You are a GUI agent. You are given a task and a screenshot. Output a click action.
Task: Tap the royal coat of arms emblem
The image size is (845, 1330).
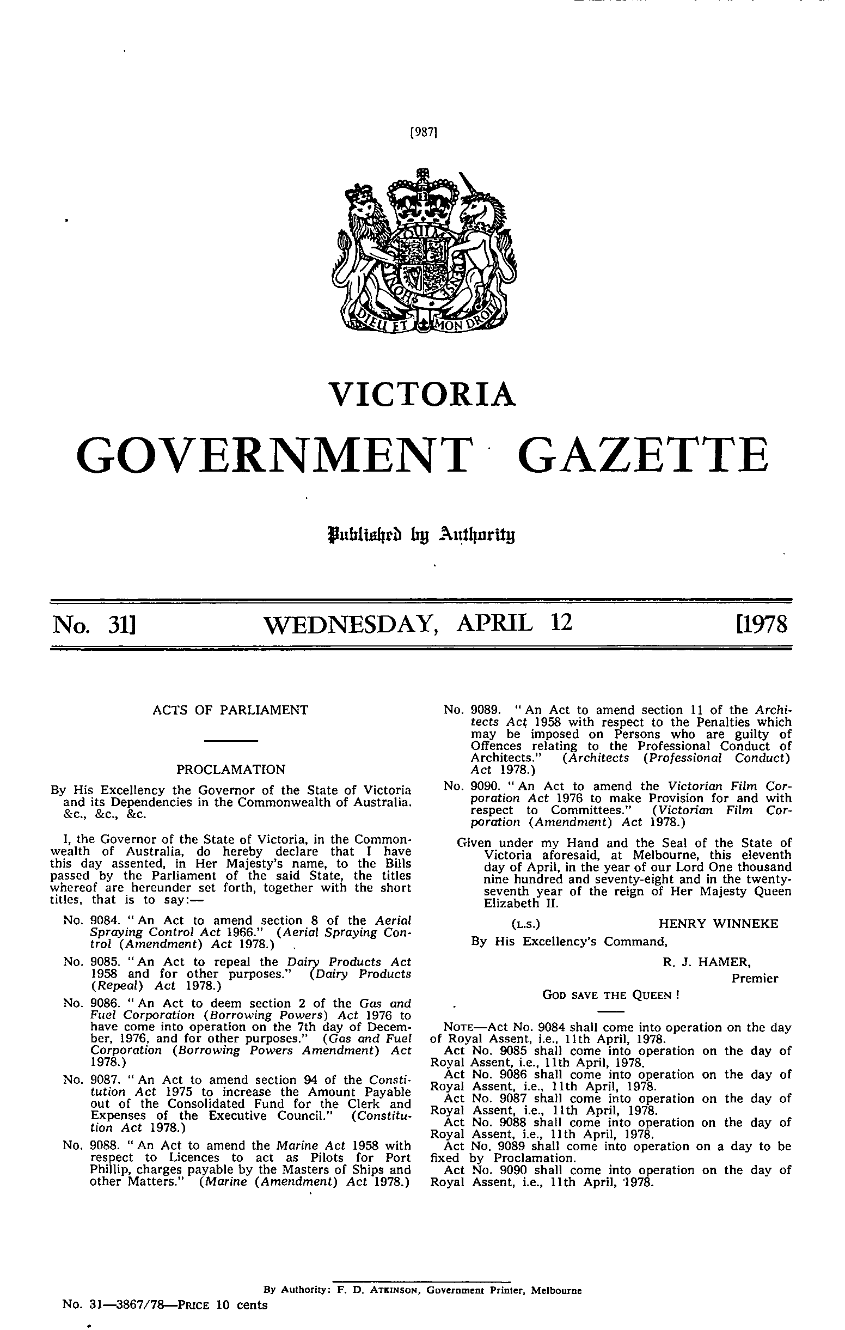[x=423, y=251]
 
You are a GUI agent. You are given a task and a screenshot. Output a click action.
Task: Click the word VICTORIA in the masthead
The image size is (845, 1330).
[x=422, y=393]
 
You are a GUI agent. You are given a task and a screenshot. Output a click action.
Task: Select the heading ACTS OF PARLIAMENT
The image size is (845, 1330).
[x=230, y=710]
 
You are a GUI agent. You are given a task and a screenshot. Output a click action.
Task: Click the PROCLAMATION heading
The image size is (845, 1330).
[x=230, y=769]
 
